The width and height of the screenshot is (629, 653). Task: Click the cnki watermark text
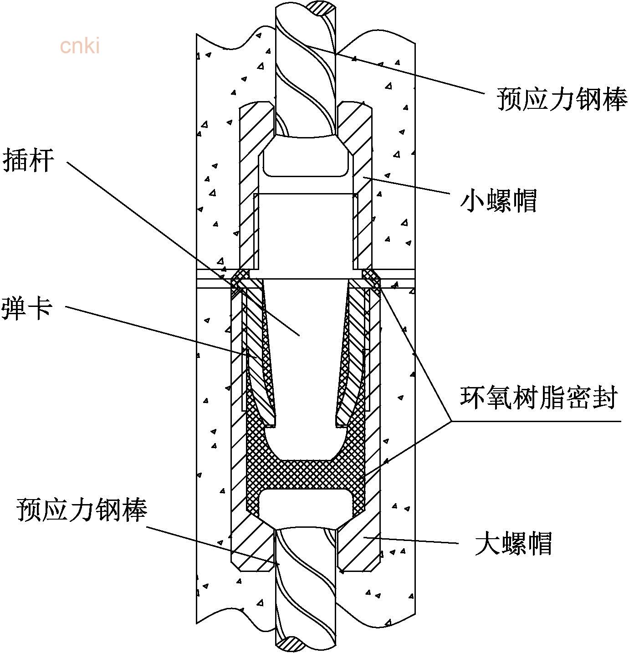point(80,46)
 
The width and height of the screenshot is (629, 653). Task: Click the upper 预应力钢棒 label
point(562,99)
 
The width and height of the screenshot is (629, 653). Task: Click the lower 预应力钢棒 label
point(82,510)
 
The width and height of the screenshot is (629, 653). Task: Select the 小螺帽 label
point(498,201)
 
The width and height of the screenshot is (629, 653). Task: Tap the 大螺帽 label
point(513,543)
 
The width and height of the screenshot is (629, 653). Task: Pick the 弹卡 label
point(27,308)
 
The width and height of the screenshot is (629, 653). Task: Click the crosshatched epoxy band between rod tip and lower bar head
point(306,474)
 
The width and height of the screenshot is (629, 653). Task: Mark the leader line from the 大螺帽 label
point(410,540)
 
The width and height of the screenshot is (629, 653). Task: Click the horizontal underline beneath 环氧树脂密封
point(537,421)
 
